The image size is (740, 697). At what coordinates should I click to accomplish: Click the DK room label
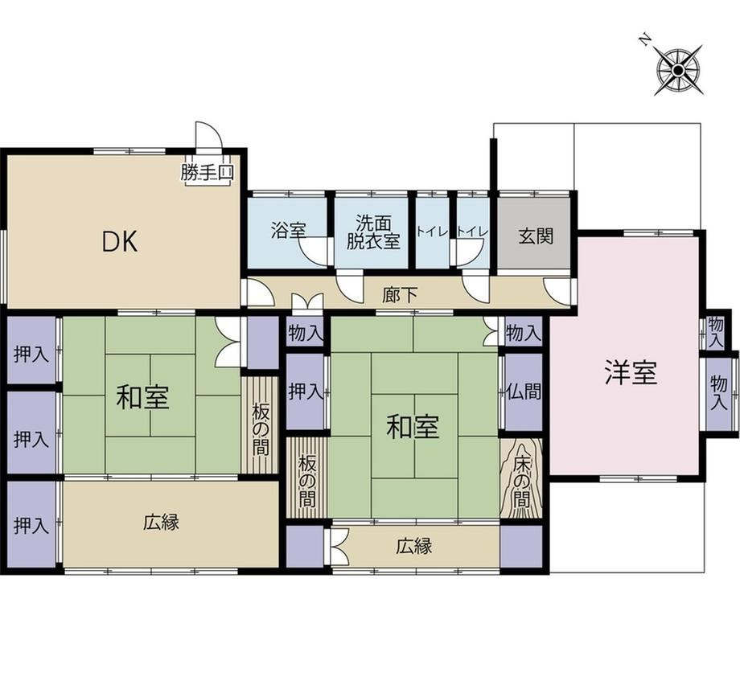pos(121,241)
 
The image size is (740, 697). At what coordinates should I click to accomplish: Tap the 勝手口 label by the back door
pos(208,173)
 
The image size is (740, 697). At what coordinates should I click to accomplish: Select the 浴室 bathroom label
pos(289,230)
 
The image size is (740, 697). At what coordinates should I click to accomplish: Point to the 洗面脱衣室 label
pos(373,232)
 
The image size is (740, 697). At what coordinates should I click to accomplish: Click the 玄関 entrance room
pos(535,233)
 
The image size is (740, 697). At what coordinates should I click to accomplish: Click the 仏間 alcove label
pos(524,391)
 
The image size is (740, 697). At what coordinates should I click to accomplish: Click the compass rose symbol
pos(679,71)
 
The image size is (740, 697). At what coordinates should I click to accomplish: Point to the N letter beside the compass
pos(644,40)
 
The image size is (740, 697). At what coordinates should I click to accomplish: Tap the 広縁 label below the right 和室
pos(414,546)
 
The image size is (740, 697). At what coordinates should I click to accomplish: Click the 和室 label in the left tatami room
pos(143,396)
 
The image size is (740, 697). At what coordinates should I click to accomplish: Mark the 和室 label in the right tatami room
pos(413,427)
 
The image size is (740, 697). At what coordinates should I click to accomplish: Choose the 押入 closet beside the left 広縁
pos(32,525)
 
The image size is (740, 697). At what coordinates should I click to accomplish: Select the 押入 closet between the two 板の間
pos(306,392)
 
